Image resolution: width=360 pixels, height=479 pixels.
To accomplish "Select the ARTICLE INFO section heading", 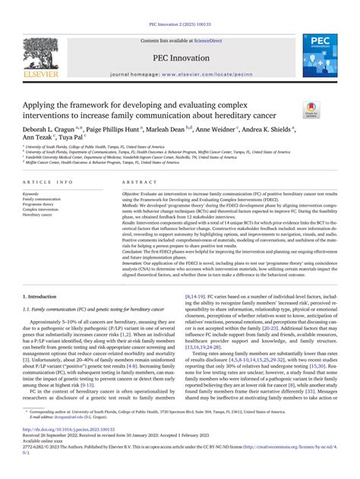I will [x=49, y=184].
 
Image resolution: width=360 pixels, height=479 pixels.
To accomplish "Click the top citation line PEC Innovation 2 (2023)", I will [x=180, y=8].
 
